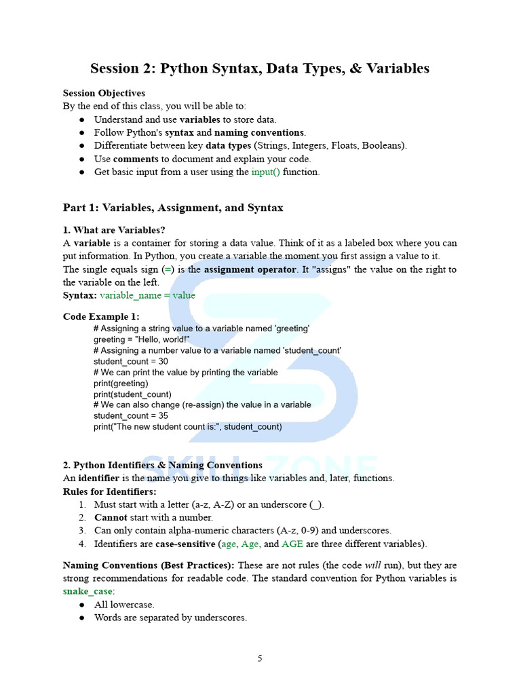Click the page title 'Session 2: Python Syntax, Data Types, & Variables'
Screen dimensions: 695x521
point(260,69)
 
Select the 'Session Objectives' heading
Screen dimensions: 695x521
point(104,93)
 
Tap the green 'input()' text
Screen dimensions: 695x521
point(265,172)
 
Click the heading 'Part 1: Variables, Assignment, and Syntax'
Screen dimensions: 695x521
point(173,208)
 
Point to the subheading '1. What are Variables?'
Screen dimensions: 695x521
point(114,230)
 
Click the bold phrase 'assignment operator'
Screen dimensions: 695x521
point(250,269)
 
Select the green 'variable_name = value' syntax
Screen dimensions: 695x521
point(147,295)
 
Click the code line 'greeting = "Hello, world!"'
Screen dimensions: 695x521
point(142,339)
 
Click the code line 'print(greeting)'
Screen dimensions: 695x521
point(121,383)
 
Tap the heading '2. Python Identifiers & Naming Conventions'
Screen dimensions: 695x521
point(163,465)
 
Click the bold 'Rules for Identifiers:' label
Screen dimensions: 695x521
point(109,491)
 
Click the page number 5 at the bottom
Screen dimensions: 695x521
point(260,658)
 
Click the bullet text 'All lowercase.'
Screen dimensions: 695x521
point(124,604)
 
